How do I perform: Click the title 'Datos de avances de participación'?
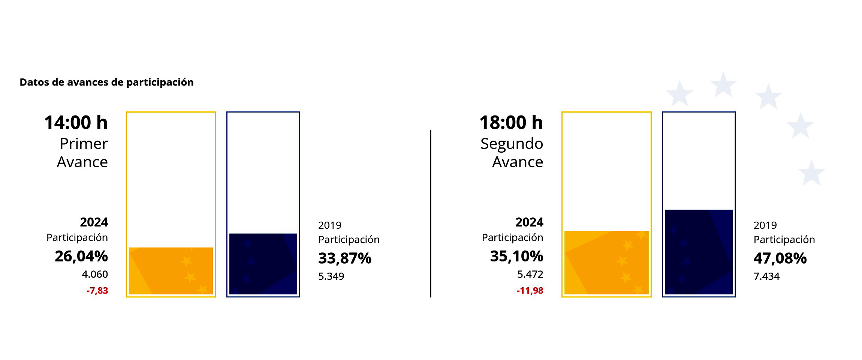click(106, 82)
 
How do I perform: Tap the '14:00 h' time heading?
click(76, 123)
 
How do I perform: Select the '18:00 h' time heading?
click(511, 123)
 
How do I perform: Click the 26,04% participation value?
click(81, 256)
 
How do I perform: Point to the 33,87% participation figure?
click(345, 258)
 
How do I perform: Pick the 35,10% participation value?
click(517, 256)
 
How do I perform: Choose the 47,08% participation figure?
click(780, 258)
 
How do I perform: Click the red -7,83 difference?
click(97, 291)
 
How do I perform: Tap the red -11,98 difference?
click(530, 291)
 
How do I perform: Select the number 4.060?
click(95, 274)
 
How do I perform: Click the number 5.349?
click(331, 276)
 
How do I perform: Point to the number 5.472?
click(530, 274)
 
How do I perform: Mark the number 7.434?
click(767, 276)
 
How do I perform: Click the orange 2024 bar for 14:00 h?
click(171, 271)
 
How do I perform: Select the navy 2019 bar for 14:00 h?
click(263, 264)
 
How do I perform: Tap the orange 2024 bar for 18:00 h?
click(606, 263)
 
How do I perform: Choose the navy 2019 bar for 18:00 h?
click(699, 252)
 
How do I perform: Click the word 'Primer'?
click(84, 144)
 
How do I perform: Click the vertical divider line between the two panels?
click(431, 214)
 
